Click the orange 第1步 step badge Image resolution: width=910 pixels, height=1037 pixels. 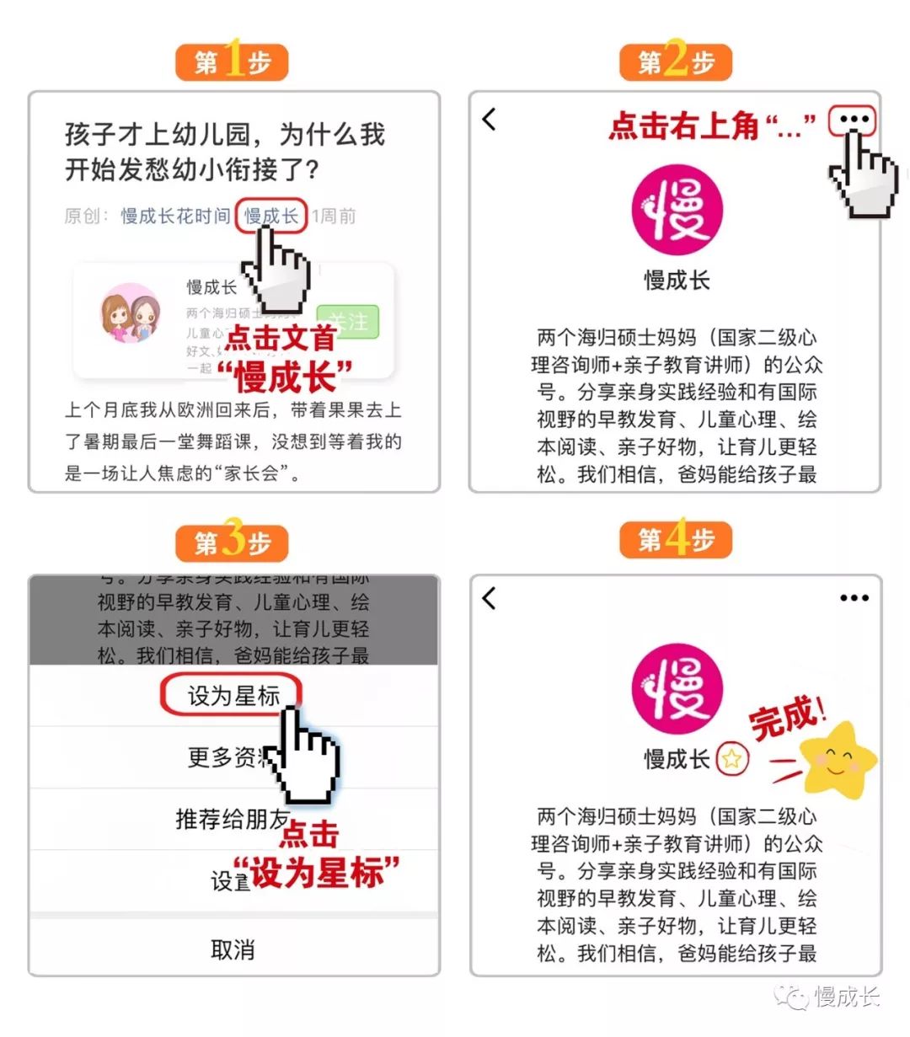pyautogui.click(x=232, y=62)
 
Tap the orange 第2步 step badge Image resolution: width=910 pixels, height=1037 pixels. pyautogui.click(x=676, y=62)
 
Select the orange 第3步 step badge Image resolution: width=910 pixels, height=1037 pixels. pyautogui.click(x=232, y=543)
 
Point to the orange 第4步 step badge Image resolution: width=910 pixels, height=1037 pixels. pyautogui.click(x=676, y=540)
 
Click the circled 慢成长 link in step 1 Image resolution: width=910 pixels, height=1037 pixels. pyautogui.click(x=270, y=216)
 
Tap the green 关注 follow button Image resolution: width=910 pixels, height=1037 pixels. pyautogui.click(x=349, y=321)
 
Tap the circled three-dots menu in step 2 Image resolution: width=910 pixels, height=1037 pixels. pyautogui.click(x=853, y=120)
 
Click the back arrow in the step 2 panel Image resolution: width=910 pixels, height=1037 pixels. pyautogui.click(x=490, y=120)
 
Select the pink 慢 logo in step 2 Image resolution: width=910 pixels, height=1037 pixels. pyautogui.click(x=677, y=211)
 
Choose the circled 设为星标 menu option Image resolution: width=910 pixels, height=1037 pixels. pyautogui.click(x=233, y=696)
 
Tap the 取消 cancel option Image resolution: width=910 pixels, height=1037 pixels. pyautogui.click(x=233, y=950)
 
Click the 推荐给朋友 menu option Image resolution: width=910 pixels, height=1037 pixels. pyautogui.click(x=231, y=819)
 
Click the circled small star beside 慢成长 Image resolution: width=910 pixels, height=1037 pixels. pyautogui.click(x=731, y=760)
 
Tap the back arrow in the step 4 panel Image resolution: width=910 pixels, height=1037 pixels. pyautogui.click(x=490, y=599)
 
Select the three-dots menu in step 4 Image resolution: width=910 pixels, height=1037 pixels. pyautogui.click(x=854, y=598)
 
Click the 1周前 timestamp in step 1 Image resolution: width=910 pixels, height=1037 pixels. pyautogui.click(x=334, y=216)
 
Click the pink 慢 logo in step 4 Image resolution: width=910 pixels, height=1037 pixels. pyautogui.click(x=677, y=690)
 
